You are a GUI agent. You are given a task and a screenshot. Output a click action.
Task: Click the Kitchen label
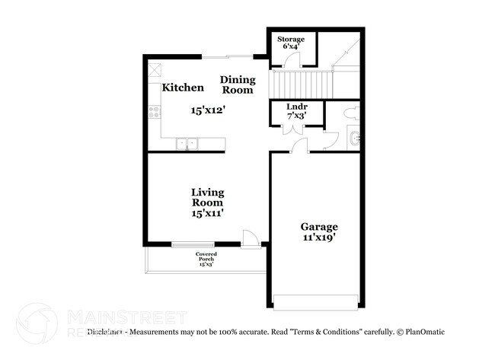pos(182,88)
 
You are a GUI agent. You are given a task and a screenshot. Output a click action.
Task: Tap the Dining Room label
pos(236,84)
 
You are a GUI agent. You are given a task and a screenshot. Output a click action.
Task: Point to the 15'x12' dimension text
pos(207,110)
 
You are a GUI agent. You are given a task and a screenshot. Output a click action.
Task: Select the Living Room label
pos(207,198)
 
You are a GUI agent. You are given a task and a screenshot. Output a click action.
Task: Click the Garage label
pos(318,227)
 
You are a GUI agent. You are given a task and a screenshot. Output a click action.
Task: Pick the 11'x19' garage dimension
pos(318,237)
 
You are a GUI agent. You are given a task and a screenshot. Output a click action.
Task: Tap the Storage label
pos(290,39)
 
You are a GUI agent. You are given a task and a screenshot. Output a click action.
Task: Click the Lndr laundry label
pos(296,107)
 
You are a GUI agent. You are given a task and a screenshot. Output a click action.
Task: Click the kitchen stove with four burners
pos(155,112)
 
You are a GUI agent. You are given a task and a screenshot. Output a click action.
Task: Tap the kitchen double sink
pos(187,143)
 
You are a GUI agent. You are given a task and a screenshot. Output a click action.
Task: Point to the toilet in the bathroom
pos(351,113)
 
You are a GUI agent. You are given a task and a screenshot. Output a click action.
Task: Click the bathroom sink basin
pos(355,139)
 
